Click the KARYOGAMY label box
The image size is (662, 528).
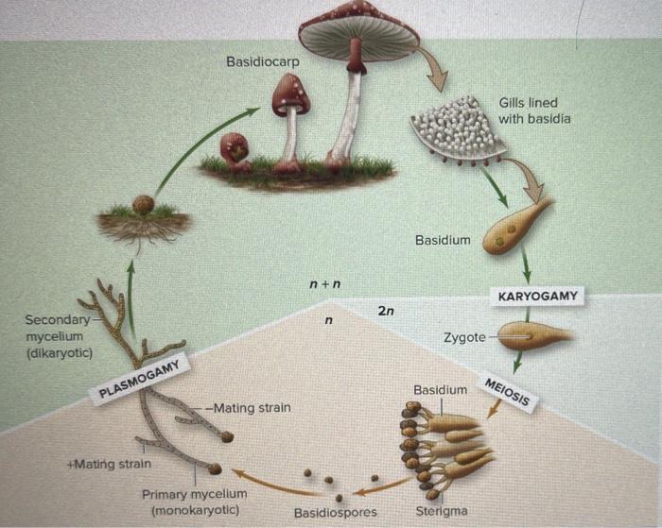tap(538, 297)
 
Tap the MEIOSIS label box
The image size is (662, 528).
tap(511, 392)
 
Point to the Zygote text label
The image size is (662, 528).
tap(463, 337)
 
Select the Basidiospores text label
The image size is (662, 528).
tap(335, 513)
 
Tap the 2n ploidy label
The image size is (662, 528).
tap(387, 311)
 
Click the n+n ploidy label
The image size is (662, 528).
tap(324, 283)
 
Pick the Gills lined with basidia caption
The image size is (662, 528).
tap(534, 111)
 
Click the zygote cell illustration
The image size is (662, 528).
tap(533, 335)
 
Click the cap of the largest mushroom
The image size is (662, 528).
tap(359, 25)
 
